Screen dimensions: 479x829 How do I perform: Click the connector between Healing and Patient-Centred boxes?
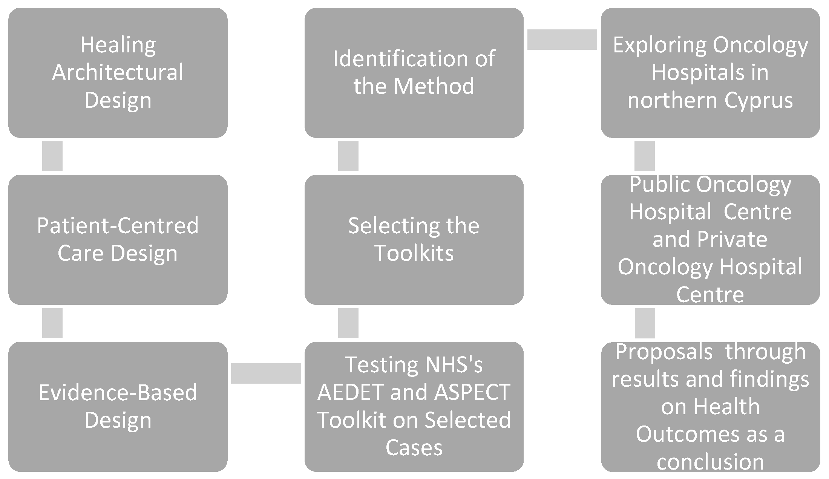pyautogui.click(x=52, y=156)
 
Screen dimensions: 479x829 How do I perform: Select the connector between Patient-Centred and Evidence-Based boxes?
pyautogui.click(x=52, y=323)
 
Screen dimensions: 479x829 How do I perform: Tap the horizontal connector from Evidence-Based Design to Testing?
pyautogui.click(x=266, y=373)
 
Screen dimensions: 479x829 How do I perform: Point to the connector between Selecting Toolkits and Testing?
pyautogui.click(x=348, y=323)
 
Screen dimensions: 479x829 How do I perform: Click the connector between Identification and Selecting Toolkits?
pyautogui.click(x=348, y=156)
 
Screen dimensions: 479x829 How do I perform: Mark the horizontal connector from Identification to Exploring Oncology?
pyautogui.click(x=562, y=39)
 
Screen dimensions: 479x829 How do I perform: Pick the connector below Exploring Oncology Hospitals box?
pyautogui.click(x=644, y=156)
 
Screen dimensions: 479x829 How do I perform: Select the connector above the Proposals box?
pyautogui.click(x=645, y=323)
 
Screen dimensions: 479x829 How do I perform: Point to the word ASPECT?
pyautogui.click(x=472, y=392)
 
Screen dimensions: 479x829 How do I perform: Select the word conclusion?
pyautogui.click(x=710, y=462)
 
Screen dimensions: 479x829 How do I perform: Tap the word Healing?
pyautogui.click(x=118, y=45)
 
